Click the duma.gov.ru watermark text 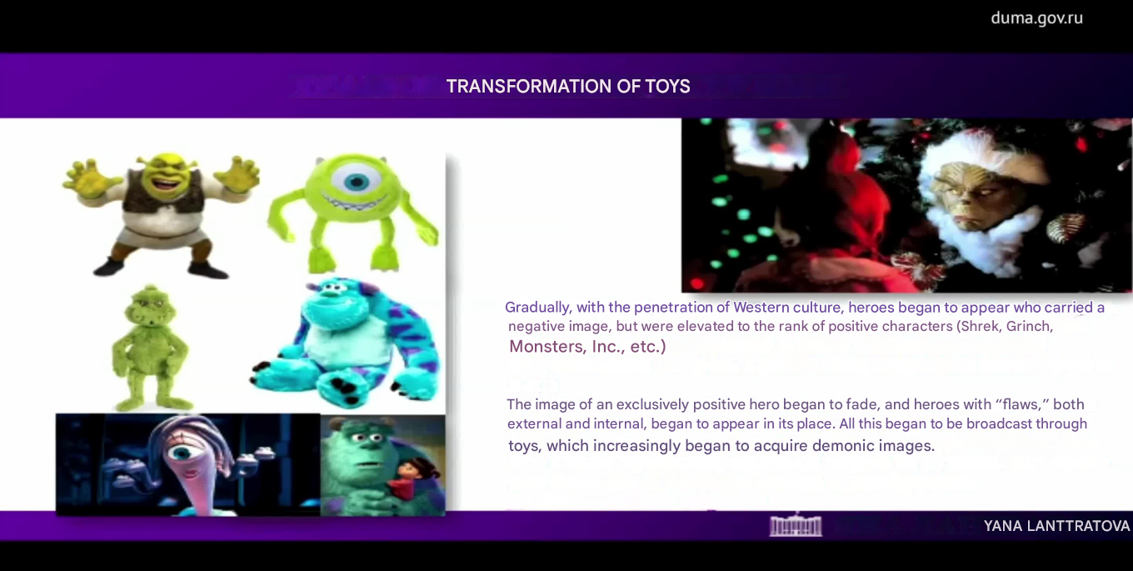point(1037,18)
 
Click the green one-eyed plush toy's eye point(357,180)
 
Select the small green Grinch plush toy point(150,348)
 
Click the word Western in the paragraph point(762,308)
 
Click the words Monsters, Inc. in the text point(567,347)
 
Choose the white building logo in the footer point(796,525)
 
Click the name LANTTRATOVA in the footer point(1078,527)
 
